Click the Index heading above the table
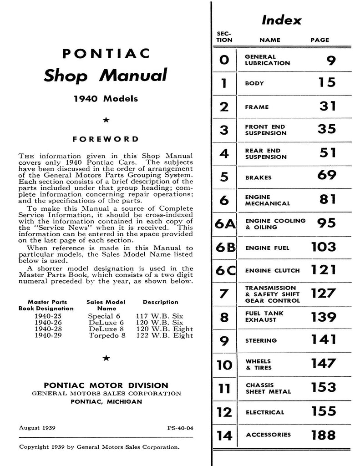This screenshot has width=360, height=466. (281, 20)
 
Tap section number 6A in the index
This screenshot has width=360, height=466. (224, 224)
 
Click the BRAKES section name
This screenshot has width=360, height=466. (258, 177)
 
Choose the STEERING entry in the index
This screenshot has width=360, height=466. (261, 340)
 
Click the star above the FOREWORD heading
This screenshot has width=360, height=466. (106, 120)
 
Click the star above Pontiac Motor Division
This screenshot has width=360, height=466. (106, 358)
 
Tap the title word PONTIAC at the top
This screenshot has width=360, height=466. (106, 54)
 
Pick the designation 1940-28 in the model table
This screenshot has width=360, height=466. (48, 329)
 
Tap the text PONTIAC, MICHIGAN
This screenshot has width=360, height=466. (106, 402)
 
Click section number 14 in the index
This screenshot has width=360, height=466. (224, 436)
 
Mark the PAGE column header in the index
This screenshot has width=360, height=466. (319, 40)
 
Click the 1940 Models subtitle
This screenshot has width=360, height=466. (106, 99)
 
